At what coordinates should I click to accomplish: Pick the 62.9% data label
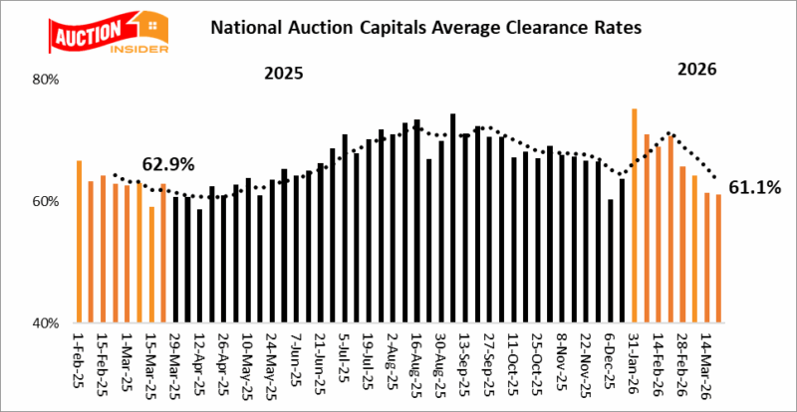pyautogui.click(x=169, y=163)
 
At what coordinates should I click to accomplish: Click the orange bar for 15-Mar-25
pyautogui.click(x=151, y=265)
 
